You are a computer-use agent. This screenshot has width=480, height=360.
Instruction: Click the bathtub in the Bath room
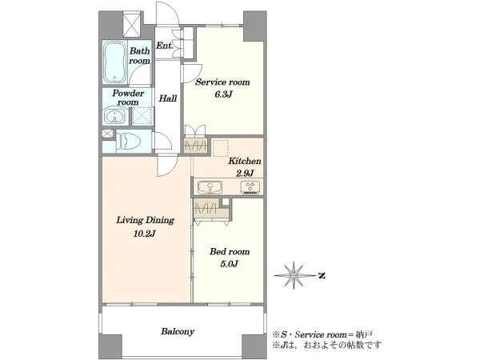coord(114,62)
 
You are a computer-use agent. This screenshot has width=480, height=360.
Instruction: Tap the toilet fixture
coord(128,142)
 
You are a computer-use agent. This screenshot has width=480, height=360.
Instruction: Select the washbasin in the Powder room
coord(114,116)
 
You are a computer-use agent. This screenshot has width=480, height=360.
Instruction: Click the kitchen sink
coord(210,187)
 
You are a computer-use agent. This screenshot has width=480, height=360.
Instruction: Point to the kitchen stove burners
coord(250,187)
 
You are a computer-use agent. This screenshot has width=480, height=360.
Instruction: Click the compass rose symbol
coord(294,275)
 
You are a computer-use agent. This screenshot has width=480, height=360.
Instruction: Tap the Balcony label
coord(178,331)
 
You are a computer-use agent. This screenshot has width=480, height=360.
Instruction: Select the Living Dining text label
coord(145,220)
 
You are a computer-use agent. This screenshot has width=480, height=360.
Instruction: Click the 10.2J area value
coord(145,234)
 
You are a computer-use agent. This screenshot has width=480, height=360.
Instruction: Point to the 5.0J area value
coord(230,264)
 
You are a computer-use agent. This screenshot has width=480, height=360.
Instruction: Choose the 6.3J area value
coord(223,94)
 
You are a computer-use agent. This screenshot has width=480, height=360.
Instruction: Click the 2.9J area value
coord(245,174)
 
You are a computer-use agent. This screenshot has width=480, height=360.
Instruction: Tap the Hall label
coord(168,98)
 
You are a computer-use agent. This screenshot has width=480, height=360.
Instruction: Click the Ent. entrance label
coord(165,46)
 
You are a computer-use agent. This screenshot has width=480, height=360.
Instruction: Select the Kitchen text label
coord(245,161)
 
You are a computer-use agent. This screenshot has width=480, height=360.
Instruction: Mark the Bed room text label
coord(230,252)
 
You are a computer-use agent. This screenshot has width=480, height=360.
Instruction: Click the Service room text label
coord(222,82)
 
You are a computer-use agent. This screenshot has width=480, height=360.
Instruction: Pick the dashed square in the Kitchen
coord(221,148)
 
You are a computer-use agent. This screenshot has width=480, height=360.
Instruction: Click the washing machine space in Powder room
coord(142,116)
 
